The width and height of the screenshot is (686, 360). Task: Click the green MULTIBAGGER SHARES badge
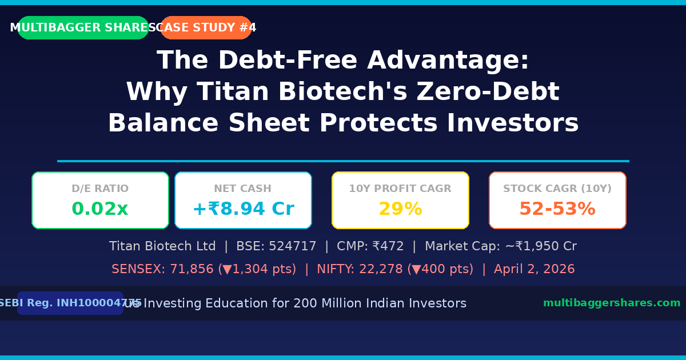(83, 28)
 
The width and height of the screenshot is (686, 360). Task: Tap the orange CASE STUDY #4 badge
(206, 28)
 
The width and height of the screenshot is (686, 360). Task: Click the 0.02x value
(100, 209)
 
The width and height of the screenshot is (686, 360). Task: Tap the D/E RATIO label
(100, 189)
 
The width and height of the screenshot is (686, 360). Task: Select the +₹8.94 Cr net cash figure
(243, 209)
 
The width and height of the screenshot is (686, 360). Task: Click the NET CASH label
(243, 189)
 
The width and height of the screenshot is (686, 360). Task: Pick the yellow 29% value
(400, 209)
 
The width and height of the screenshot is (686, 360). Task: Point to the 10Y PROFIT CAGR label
(400, 189)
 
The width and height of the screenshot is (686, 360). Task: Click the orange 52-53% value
(557, 209)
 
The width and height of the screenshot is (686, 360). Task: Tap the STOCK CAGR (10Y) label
(557, 189)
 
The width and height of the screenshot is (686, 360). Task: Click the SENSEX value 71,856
(192, 269)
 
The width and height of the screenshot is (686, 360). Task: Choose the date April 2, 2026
(535, 269)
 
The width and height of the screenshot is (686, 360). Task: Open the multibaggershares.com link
(612, 303)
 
